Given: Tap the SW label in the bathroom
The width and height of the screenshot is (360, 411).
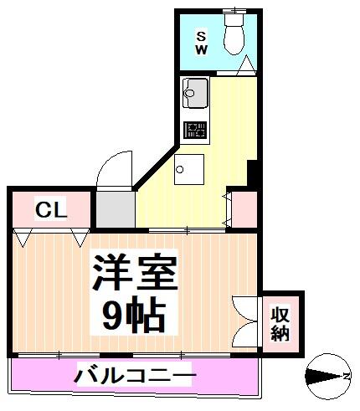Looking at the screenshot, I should click(x=202, y=43).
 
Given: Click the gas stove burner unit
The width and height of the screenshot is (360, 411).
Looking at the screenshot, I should click(x=195, y=130).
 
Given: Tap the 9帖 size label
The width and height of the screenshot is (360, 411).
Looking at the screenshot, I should click(x=134, y=316).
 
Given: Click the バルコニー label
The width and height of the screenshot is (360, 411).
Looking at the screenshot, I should click(x=135, y=375).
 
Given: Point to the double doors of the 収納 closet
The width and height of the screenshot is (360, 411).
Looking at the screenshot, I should click(x=248, y=321).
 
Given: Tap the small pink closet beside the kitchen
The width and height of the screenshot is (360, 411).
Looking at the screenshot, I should click(x=244, y=209).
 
